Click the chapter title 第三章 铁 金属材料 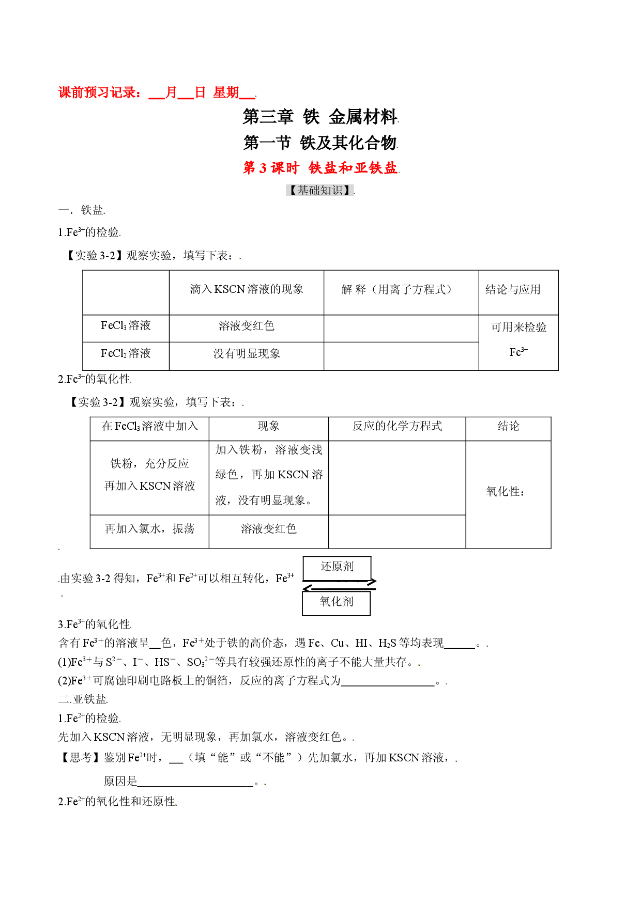tap(320, 117)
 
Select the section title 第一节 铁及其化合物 tap(320, 143)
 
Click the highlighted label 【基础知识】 tap(320, 190)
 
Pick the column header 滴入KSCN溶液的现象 tap(247, 289)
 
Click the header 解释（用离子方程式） tap(397, 290)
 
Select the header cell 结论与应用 tap(513, 290)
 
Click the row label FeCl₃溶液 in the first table tap(126, 325)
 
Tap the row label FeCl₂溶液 tap(126, 353)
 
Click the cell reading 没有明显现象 tap(247, 353)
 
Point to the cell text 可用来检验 tap(518, 327)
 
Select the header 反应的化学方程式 tap(397, 426)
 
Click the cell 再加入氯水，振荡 tap(149, 528)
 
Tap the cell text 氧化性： tap(506, 492)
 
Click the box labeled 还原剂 tap(337, 568)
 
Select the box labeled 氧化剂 tap(337, 603)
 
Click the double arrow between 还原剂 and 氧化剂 tap(339, 585)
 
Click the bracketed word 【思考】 tap(81, 757)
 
